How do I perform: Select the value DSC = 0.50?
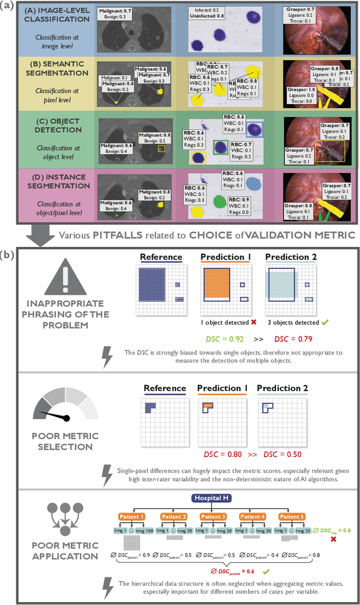tap(276, 453)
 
